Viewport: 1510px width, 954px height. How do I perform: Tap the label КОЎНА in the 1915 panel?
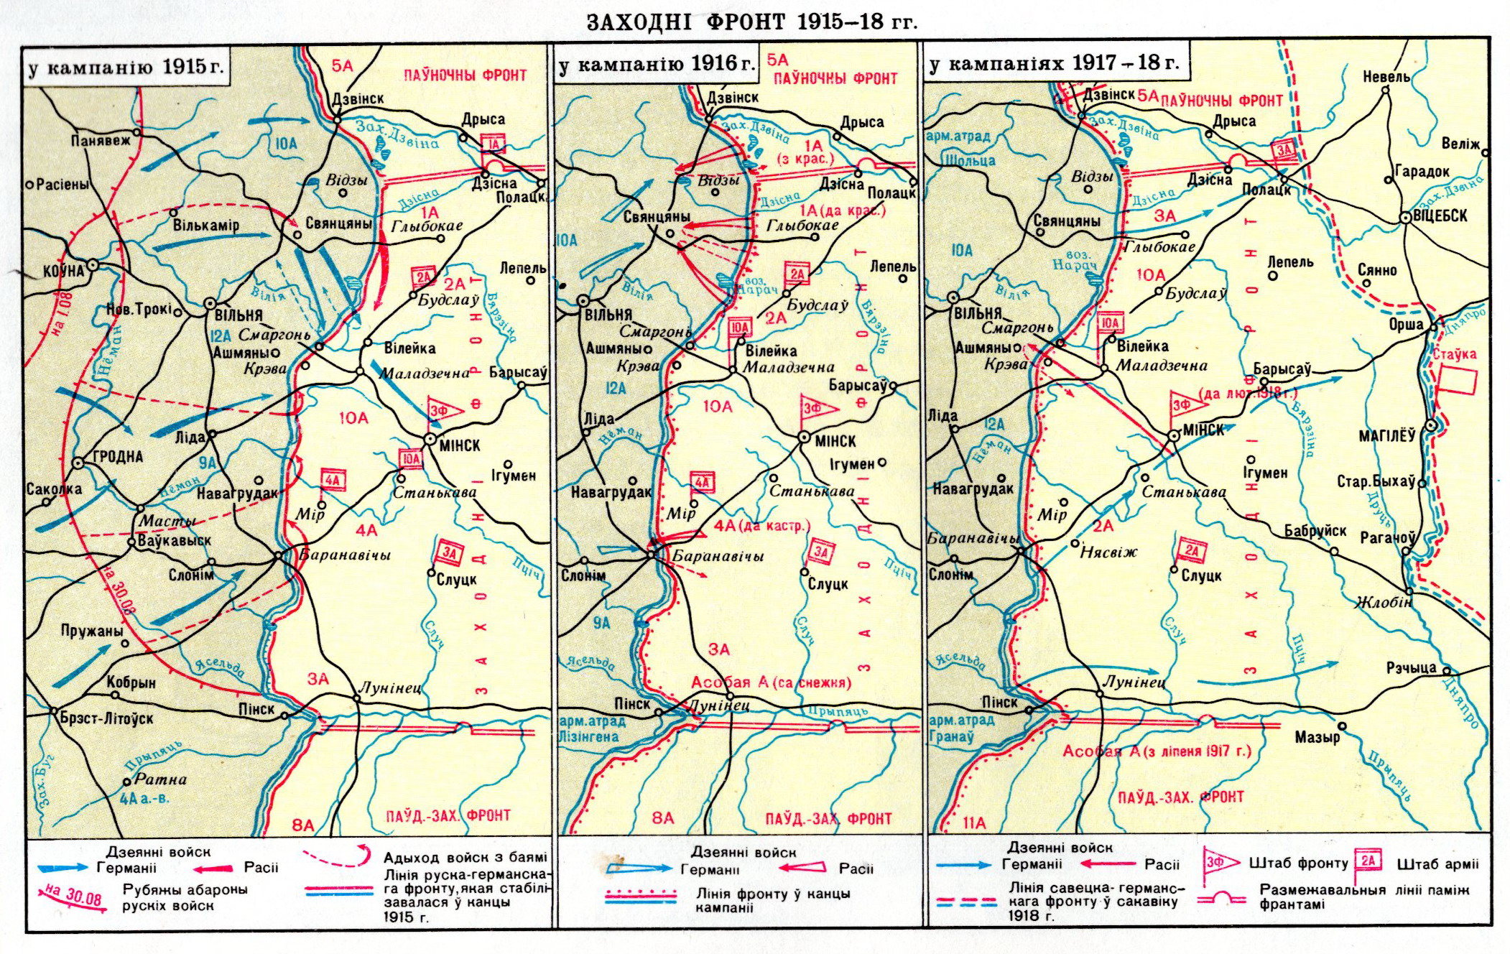(63, 272)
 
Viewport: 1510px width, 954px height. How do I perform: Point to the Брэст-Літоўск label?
(107, 718)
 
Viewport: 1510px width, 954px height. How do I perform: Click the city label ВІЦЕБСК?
(1440, 216)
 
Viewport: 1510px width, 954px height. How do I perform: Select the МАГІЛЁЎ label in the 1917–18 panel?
(1386, 435)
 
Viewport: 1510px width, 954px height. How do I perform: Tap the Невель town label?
(1386, 76)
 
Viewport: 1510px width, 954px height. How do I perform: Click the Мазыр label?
(1317, 737)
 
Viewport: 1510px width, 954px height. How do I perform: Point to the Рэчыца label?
(1411, 668)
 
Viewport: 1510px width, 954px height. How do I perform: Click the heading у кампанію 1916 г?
(657, 65)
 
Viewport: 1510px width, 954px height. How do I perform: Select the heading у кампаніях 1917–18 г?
(1054, 63)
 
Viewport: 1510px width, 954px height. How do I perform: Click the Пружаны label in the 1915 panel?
(91, 631)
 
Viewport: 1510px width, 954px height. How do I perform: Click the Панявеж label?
(101, 140)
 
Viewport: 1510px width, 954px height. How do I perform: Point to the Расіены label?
(62, 185)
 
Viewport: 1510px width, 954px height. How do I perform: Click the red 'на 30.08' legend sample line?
(72, 897)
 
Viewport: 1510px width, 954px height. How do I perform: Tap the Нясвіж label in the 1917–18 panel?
(1108, 552)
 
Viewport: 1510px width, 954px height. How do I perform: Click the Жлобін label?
(1384, 602)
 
